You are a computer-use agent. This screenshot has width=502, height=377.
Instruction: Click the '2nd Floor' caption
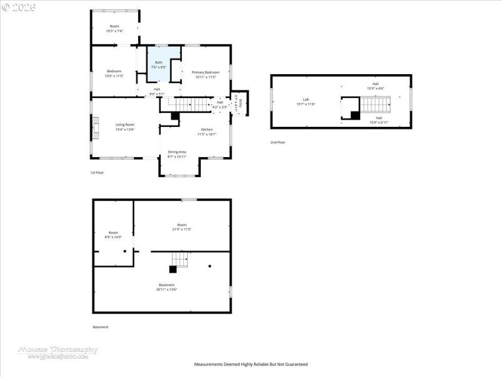(278, 143)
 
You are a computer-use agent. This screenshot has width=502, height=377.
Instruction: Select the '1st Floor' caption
(97, 172)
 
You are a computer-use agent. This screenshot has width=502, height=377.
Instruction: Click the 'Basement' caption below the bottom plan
(100, 327)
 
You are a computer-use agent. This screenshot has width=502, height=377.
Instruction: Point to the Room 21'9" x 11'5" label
(181, 227)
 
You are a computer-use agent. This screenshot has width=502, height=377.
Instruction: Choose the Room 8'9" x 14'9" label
(113, 234)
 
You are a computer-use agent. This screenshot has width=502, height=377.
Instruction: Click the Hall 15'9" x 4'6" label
(375, 85)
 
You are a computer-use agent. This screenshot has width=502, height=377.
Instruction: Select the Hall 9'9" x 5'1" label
(156, 92)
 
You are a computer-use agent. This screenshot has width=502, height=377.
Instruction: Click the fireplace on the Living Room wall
(94, 128)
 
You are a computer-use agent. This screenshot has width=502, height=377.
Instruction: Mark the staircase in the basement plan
(181, 259)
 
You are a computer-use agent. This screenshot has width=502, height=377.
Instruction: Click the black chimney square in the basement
(173, 269)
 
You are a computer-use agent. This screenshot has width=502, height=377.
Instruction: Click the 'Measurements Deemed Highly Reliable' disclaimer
(250, 364)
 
